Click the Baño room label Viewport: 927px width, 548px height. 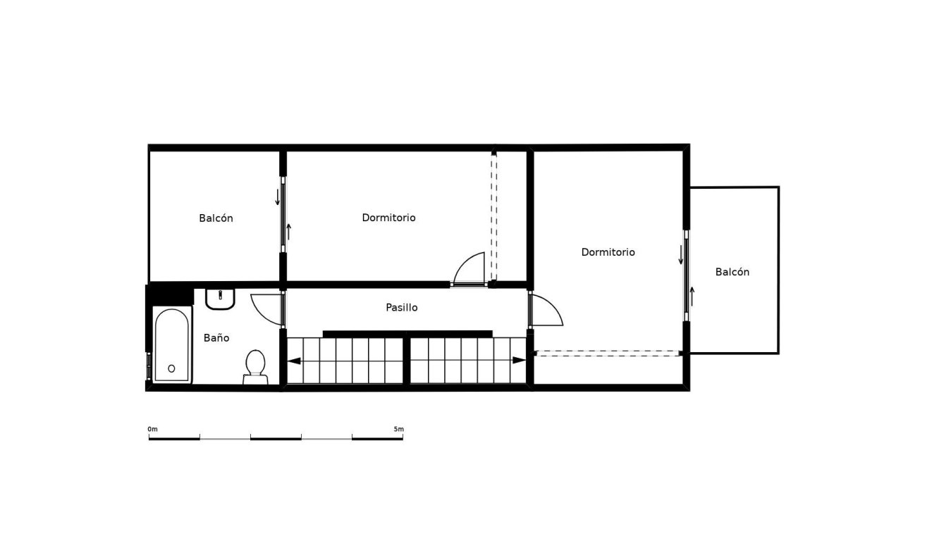[216, 338]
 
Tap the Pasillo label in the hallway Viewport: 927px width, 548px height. [402, 308]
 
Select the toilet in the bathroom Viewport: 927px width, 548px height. [255, 366]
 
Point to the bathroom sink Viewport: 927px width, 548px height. [220, 299]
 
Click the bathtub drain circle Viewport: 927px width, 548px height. [171, 368]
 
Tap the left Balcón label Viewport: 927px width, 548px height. [216, 218]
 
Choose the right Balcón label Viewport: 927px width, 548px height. [732, 272]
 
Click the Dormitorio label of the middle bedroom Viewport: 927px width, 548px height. [388, 218]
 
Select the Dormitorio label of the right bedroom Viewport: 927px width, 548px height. [608, 252]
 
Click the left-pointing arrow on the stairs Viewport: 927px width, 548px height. [294, 361]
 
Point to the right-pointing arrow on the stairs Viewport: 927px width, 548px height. [520, 361]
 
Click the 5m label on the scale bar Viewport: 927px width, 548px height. [399, 429]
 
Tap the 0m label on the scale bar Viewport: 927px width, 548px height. [153, 429]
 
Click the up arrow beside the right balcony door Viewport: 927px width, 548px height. [692, 296]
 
